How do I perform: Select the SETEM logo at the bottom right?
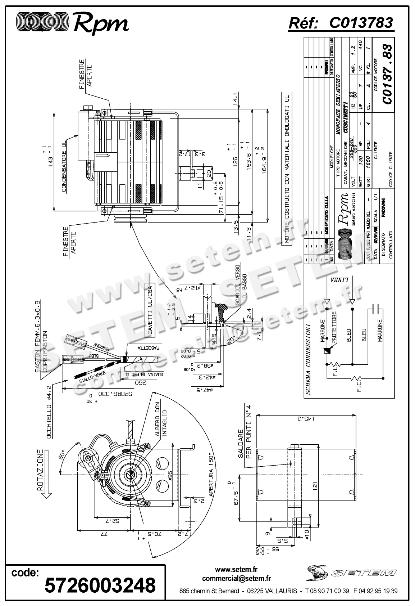coord(352,572)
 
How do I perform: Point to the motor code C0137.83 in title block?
coord(387,74)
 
